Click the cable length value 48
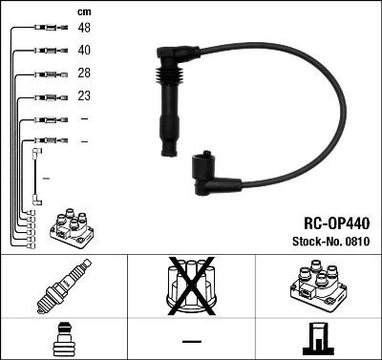[x=84, y=28]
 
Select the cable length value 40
[x=84, y=50]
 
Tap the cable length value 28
[x=84, y=74]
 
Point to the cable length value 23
[x=84, y=96]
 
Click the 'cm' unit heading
[x=84, y=11]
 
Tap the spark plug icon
[x=63, y=286]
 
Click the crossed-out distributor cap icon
[x=191, y=286]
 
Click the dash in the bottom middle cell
[x=191, y=341]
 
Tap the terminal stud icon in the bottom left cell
[x=63, y=341]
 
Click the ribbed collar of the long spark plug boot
[x=168, y=76]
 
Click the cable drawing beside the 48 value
[x=48, y=28]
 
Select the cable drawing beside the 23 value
[x=48, y=96]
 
